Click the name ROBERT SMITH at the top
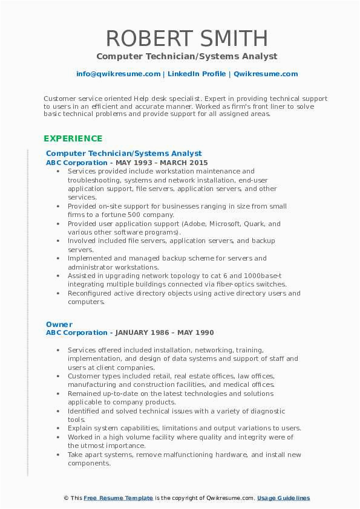187,38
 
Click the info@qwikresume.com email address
118,74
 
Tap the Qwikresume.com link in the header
266,74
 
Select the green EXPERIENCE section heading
73,138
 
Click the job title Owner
59,324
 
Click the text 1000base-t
263,276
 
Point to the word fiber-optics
240,284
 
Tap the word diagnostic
265,411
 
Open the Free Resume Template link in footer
117,498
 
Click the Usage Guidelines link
283,498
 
